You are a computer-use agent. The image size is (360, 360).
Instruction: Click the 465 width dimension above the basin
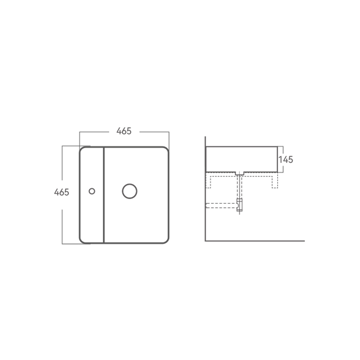[124, 131]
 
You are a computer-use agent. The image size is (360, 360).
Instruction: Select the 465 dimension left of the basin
[62, 192]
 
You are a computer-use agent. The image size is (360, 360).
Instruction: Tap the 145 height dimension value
[286, 159]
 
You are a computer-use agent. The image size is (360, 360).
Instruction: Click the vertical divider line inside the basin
[104, 195]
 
